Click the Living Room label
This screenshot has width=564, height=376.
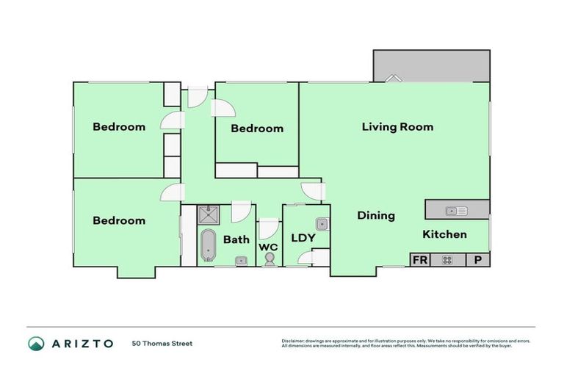click(x=397, y=126)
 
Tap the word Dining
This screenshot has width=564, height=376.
click(x=376, y=216)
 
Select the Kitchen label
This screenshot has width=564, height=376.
click(x=444, y=234)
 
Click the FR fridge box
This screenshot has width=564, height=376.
click(x=420, y=260)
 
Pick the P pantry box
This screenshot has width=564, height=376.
click(x=477, y=260)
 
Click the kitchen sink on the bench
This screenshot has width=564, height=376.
click(x=456, y=211)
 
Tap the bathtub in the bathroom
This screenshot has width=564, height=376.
click(x=208, y=245)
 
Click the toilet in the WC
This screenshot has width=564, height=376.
click(x=270, y=258)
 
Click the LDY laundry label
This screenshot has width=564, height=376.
click(x=303, y=238)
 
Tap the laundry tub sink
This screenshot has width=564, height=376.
click(x=321, y=224)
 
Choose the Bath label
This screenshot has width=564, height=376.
click(x=236, y=239)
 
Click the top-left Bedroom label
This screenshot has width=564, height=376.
click(x=119, y=126)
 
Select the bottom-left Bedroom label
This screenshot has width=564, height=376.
click(x=119, y=220)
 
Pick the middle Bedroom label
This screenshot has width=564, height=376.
click(x=257, y=129)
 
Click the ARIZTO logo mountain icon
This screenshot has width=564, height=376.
click(x=35, y=344)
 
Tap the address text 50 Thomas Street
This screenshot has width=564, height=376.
click(x=162, y=344)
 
